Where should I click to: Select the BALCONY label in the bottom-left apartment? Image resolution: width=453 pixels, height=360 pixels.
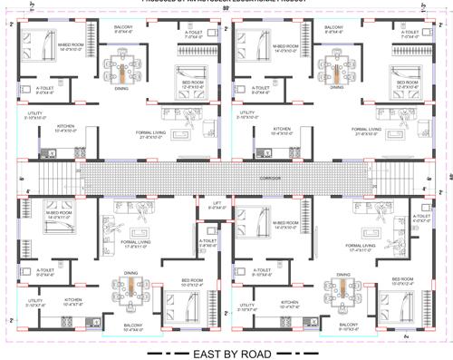tap(131, 326)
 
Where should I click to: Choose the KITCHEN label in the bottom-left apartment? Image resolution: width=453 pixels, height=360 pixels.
tap(74, 299)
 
